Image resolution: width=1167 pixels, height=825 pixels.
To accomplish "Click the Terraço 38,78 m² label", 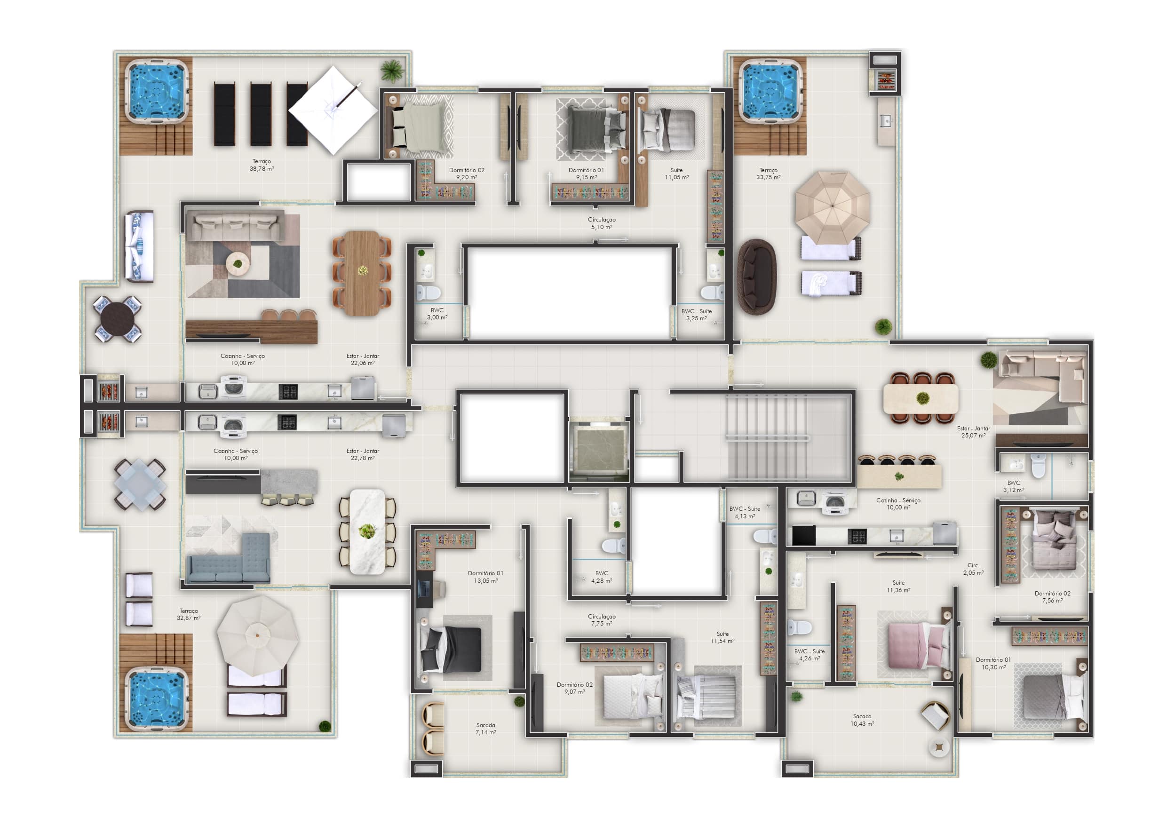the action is (262, 165).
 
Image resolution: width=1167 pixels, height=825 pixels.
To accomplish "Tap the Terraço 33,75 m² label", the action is (768, 174).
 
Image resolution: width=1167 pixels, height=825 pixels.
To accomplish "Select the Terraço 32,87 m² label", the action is (189, 615).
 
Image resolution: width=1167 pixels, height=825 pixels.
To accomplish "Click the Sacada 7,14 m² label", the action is (485, 729).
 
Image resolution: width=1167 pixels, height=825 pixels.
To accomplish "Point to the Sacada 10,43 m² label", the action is (862, 720).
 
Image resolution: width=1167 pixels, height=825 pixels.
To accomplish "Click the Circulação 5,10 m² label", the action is (602, 223).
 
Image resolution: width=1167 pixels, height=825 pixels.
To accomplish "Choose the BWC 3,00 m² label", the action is (437, 314).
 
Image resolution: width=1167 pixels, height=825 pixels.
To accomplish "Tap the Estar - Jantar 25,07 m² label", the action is (973, 432).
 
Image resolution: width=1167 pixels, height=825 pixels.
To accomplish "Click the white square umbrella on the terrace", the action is (333, 110).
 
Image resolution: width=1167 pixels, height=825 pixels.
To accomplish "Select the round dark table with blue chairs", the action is (118, 319).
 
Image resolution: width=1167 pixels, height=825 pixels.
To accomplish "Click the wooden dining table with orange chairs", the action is (362, 273).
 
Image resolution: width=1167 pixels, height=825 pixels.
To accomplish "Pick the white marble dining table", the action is (367, 531).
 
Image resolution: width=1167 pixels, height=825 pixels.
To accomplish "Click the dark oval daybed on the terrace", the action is (757, 277).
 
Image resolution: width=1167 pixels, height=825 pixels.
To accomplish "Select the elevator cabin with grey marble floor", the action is (599, 449).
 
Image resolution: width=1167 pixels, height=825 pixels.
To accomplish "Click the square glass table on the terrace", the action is (140, 484).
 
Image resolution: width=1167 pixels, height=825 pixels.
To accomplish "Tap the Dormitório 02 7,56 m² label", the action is (1052, 597).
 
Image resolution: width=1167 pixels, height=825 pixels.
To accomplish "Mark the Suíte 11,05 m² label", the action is (676, 174).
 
